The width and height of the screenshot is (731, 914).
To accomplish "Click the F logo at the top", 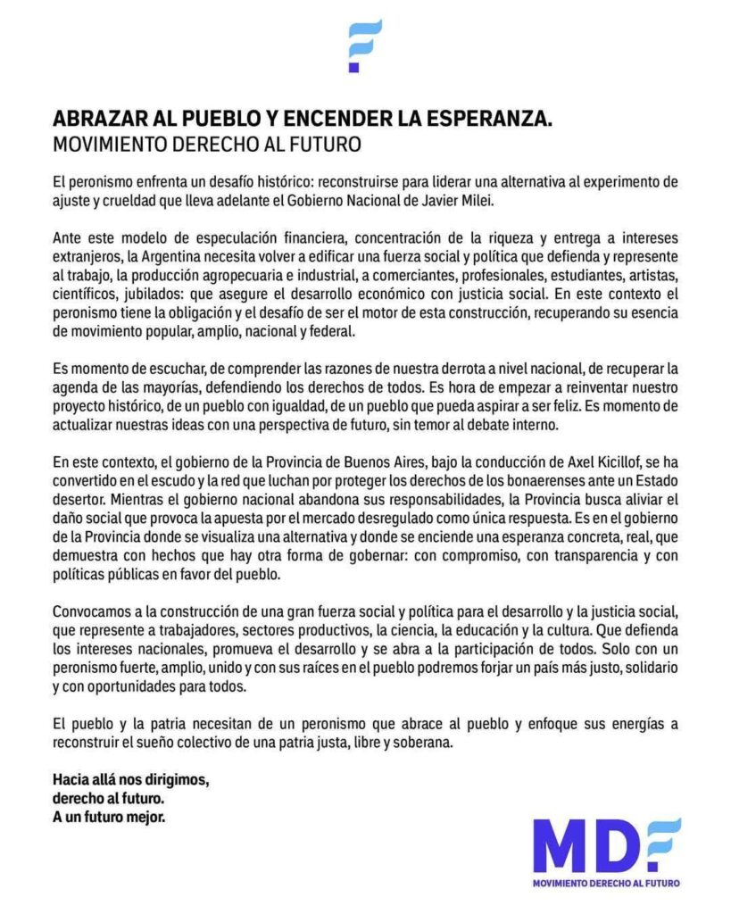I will (365, 45).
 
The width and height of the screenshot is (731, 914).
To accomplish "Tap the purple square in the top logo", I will (353, 66).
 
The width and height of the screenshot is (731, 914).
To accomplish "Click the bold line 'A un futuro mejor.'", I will (109, 815).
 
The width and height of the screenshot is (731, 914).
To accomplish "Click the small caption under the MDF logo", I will (604, 883).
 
